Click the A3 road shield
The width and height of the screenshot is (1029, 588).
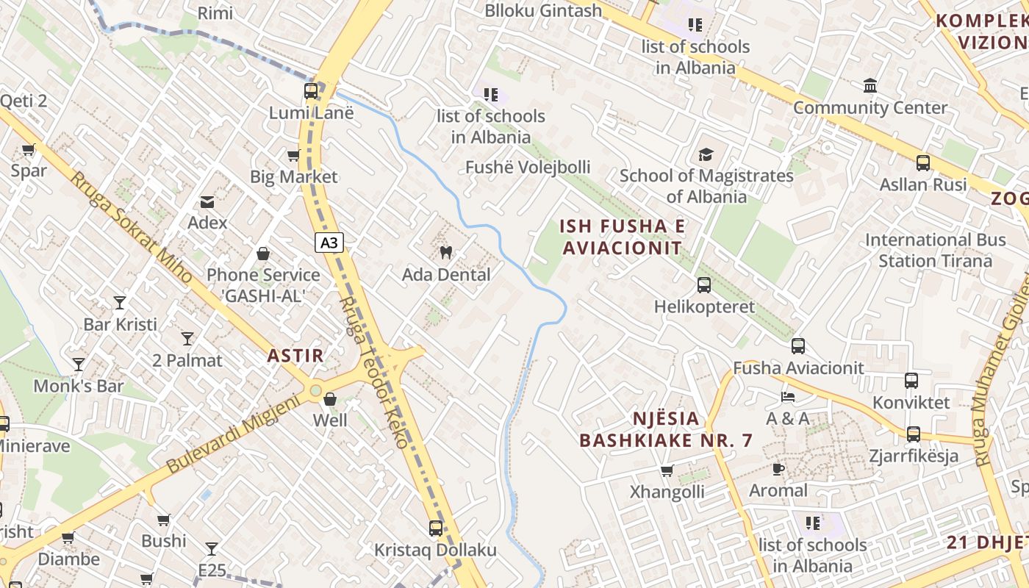pos(330,243)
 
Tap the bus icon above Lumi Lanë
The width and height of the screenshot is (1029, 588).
pos(311,91)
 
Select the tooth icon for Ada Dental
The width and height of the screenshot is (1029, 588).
pos(445,253)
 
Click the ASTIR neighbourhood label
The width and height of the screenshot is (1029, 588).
pos(295,356)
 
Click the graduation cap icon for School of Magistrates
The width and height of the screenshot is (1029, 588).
pos(706,154)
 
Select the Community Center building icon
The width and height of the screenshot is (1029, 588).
pos(870,86)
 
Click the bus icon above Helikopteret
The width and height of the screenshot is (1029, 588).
pos(703,284)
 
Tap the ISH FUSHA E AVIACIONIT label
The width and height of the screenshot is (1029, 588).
pos(623,237)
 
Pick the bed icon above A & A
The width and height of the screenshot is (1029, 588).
pos(787,397)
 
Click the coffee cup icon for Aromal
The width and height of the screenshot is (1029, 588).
pos(778,468)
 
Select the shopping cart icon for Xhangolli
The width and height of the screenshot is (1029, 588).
pos(667,470)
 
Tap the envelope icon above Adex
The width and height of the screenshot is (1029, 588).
pos(207,201)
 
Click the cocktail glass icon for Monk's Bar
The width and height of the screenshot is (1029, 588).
pos(78,365)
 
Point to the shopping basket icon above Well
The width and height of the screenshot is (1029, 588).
pos(330,399)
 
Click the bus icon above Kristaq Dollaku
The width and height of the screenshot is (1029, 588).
pos(436,528)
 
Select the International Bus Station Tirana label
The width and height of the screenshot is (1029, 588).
pos(935,250)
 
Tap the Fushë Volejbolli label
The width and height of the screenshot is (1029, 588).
pos(528,168)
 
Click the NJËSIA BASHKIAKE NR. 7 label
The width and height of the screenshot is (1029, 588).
pos(667,429)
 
